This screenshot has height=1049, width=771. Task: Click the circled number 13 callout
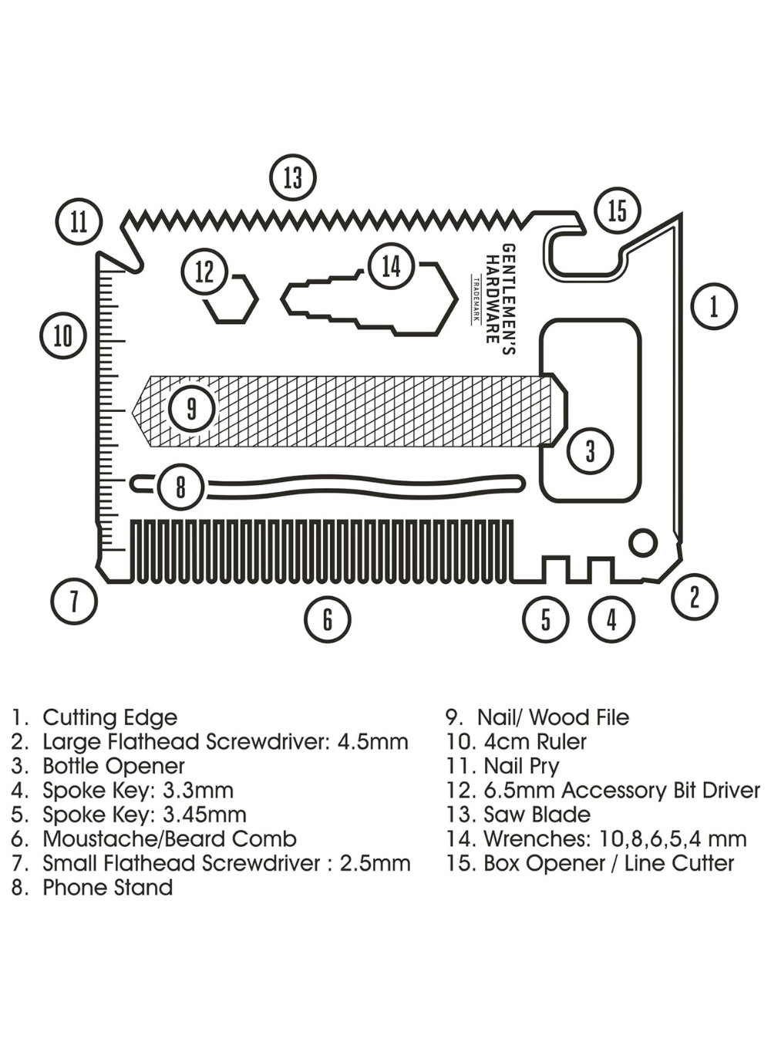click(x=293, y=177)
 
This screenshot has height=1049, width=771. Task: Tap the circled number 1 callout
click(x=714, y=306)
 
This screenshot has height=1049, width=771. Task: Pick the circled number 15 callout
click(x=618, y=210)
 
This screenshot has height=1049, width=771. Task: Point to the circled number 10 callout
click(x=63, y=336)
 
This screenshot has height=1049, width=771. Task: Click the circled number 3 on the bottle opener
click(x=590, y=450)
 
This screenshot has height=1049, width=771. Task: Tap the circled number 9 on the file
click(x=191, y=408)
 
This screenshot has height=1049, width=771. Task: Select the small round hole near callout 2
click(x=642, y=542)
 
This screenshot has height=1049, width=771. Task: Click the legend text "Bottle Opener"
click(x=113, y=766)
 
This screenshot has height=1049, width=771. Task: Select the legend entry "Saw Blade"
click(x=537, y=815)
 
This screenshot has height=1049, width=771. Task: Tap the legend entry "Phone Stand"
click(x=107, y=887)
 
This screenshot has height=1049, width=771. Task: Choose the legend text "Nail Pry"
click(x=521, y=766)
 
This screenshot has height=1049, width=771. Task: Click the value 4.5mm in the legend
click(x=372, y=742)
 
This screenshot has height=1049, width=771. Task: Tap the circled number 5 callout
click(x=546, y=619)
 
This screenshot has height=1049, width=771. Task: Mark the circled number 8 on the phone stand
click(x=180, y=487)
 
